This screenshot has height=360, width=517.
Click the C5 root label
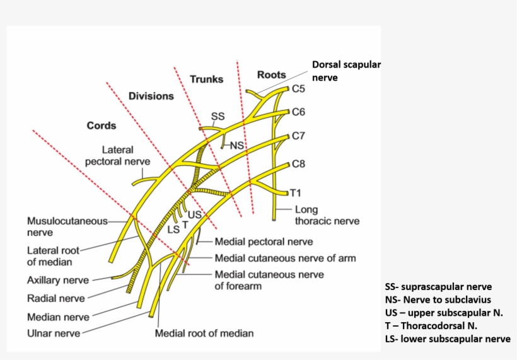click(x=299, y=90)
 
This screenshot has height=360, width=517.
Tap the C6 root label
click(x=299, y=112)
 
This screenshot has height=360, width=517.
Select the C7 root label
click(x=299, y=136)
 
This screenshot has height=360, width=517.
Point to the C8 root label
click(x=299, y=165)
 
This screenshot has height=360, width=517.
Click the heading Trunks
click(x=206, y=79)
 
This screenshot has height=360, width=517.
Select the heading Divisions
click(x=151, y=96)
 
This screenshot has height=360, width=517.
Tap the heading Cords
click(x=102, y=125)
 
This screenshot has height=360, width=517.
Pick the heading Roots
click(x=271, y=75)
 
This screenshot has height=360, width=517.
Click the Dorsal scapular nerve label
click(x=346, y=71)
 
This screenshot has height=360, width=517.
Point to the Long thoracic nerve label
click(x=327, y=216)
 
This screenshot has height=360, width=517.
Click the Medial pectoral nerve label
click(x=264, y=241)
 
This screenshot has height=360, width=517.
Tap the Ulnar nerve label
click(x=54, y=332)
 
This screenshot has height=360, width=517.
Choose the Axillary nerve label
click(x=58, y=280)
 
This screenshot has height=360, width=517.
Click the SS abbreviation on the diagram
click(x=218, y=117)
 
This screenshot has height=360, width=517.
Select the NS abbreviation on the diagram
click(x=236, y=146)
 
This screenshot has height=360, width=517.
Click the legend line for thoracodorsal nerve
click(x=431, y=326)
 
